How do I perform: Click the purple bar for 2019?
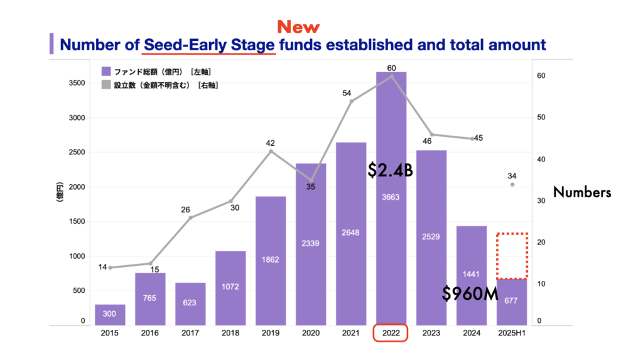[271, 261]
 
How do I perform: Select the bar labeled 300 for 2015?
[110, 315]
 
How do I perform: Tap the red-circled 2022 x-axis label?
[391, 333]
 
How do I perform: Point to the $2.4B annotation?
[390, 170]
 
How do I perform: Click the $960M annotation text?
[470, 293]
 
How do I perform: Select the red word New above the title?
[298, 27]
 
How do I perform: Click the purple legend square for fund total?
[106, 72]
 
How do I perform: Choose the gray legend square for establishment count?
[106, 85]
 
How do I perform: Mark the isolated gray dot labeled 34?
[512, 185]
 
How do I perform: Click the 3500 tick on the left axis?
[77, 83]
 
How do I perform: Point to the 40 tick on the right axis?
[541, 160]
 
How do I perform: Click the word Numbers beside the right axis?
[582, 192]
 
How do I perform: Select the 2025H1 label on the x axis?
[511, 334]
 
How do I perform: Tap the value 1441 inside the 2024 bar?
[471, 274]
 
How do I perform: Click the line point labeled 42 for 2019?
[271, 151]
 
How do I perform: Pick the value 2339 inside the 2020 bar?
[310, 243]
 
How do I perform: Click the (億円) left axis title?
[60, 192]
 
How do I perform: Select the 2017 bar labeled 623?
[190, 304]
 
